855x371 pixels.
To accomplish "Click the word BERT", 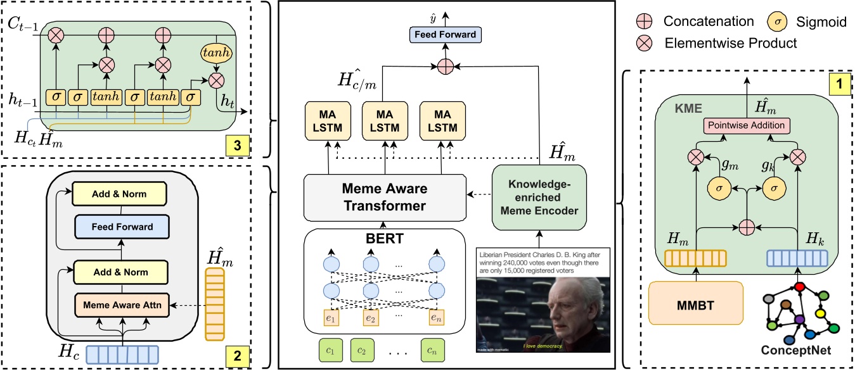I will [x=380, y=240].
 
